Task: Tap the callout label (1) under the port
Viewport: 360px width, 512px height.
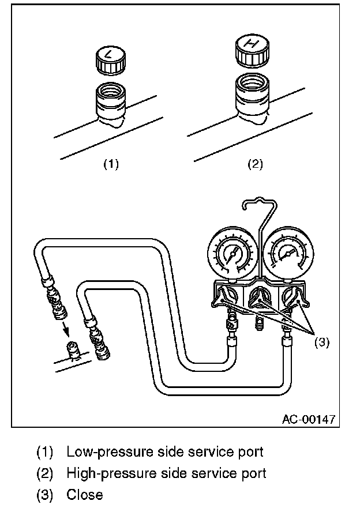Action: pos(111,164)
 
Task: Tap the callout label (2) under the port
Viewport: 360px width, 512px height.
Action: pos(255,164)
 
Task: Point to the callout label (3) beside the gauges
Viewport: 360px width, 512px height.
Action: pos(321,342)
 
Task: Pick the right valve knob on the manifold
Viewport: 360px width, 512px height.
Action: pos(296,295)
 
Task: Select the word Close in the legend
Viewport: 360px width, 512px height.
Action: pos(85,495)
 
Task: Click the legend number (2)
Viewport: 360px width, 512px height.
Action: pos(44,473)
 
